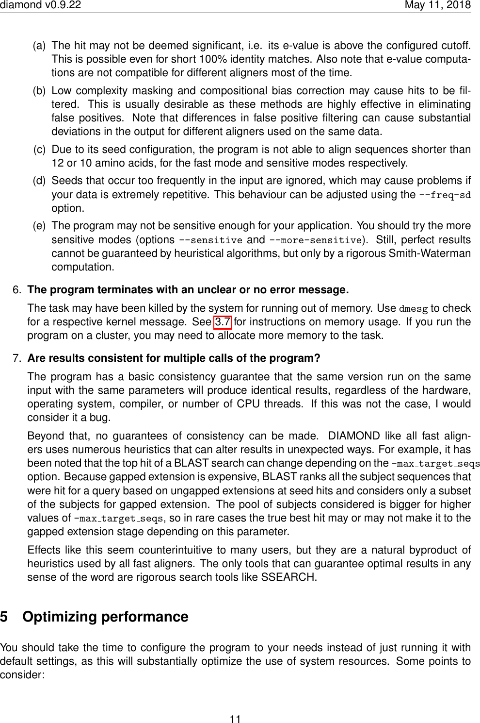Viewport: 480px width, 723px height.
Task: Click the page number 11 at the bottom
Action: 235,719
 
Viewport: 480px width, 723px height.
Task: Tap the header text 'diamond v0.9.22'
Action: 41,5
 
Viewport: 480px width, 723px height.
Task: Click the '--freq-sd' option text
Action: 445,195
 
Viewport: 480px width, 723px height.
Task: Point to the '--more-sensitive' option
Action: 315,240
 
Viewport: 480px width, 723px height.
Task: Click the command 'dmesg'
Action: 413,308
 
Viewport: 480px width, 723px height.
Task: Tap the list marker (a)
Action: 39,46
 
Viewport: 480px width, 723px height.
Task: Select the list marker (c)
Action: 40,150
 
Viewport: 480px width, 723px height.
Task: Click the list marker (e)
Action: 39,226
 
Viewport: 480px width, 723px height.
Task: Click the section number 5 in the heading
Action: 4,617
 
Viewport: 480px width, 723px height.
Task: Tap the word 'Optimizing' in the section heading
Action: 59,617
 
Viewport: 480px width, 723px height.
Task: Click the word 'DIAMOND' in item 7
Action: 354,436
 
